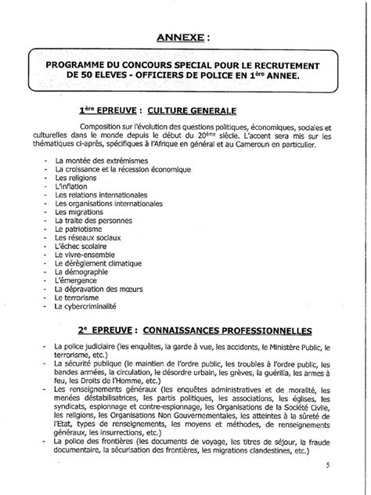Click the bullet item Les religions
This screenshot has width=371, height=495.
coord(73,176)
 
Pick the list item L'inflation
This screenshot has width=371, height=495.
coord(71,188)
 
